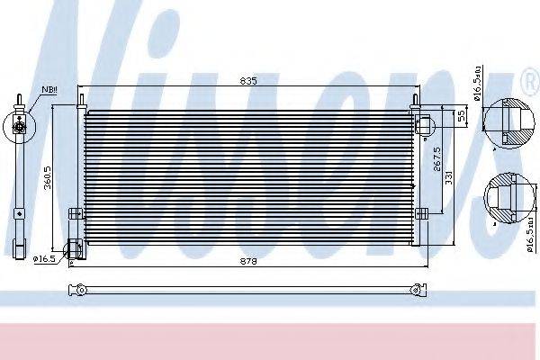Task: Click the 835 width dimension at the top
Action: click(x=249, y=81)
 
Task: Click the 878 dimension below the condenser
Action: click(x=249, y=261)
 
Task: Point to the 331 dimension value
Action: click(x=448, y=178)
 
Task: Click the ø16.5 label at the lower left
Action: click(x=46, y=259)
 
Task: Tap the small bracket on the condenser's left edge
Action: click(x=75, y=213)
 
